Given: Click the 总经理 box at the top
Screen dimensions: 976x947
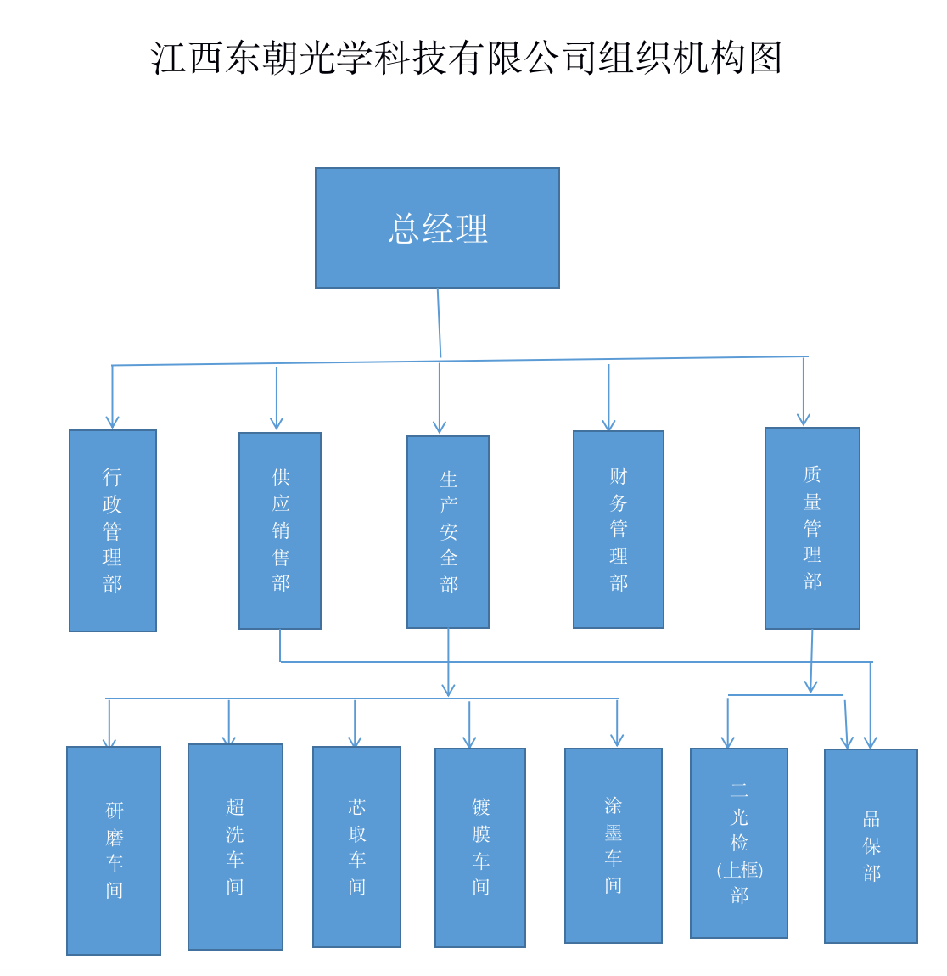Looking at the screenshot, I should click(437, 227).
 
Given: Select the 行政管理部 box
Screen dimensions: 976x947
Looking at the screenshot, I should click(113, 530).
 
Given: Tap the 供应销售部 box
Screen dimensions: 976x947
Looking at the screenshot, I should click(280, 530).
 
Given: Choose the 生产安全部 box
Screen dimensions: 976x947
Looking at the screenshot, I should click(448, 532).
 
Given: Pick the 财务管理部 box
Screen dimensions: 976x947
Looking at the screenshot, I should click(619, 530).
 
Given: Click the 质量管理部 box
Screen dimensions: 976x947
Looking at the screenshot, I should click(812, 528).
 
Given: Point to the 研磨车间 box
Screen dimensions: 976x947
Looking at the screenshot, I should click(114, 850).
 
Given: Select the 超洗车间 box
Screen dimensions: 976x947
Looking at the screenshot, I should click(235, 847).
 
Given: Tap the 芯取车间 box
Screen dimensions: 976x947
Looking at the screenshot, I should click(356, 847).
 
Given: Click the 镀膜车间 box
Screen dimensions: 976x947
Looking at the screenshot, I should click(480, 848).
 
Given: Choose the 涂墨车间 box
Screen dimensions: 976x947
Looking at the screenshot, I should click(614, 845).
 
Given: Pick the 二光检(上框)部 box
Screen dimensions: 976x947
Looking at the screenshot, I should click(739, 843).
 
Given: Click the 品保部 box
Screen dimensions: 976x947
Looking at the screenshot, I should click(871, 846).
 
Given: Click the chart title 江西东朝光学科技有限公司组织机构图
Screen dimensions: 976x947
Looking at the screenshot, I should click(466, 58).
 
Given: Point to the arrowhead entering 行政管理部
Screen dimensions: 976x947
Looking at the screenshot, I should click(112, 423).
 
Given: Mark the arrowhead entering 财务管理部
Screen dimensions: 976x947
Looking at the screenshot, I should click(608, 425).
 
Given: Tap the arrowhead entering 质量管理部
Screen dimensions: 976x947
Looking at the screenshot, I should click(804, 420).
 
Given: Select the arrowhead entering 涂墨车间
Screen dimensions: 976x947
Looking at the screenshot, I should click(617, 742).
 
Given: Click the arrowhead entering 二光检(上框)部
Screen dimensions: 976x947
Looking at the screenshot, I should click(727, 743).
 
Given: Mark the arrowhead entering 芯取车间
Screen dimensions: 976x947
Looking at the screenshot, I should click(355, 742).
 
